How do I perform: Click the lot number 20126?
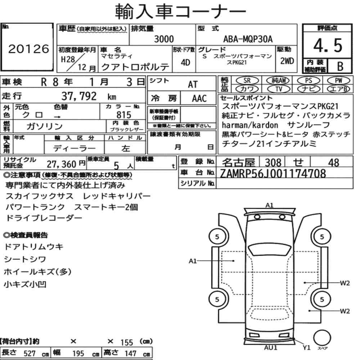pos(29,49)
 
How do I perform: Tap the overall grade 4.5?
pos(328,45)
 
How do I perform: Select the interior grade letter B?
pos(340,66)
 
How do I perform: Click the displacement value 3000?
pos(164,39)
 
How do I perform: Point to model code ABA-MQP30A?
pos(248,39)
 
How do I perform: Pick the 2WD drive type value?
pos(287,61)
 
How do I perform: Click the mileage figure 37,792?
pos(79,96)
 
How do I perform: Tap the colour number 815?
pos(124,115)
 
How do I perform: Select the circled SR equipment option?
pos(247,81)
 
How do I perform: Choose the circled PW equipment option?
pos(338,81)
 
